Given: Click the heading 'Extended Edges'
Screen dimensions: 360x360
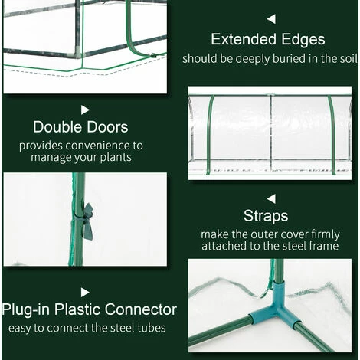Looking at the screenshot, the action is [268, 40].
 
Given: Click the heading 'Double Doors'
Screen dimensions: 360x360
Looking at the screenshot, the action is [80, 127].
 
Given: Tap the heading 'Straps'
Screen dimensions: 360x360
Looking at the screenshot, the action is [266, 216].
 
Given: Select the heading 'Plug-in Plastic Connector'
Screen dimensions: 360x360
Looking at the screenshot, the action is [89, 309].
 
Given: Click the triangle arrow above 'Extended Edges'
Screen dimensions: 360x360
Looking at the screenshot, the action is [271, 19].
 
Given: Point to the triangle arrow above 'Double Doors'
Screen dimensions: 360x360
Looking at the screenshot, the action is [85, 110].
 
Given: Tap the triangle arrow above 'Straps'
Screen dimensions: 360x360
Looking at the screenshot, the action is [271, 199].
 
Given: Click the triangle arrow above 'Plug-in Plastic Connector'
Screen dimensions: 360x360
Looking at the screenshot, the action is [85, 293].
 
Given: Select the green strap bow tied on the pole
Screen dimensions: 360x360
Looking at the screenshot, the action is [87, 221].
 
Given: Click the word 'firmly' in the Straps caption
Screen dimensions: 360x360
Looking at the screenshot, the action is [326, 234].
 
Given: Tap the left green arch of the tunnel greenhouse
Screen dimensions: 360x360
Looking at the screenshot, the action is [210, 135].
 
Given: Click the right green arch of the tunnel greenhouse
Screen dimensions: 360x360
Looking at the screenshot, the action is [332, 135].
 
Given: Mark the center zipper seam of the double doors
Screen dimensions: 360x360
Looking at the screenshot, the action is [271, 133].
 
